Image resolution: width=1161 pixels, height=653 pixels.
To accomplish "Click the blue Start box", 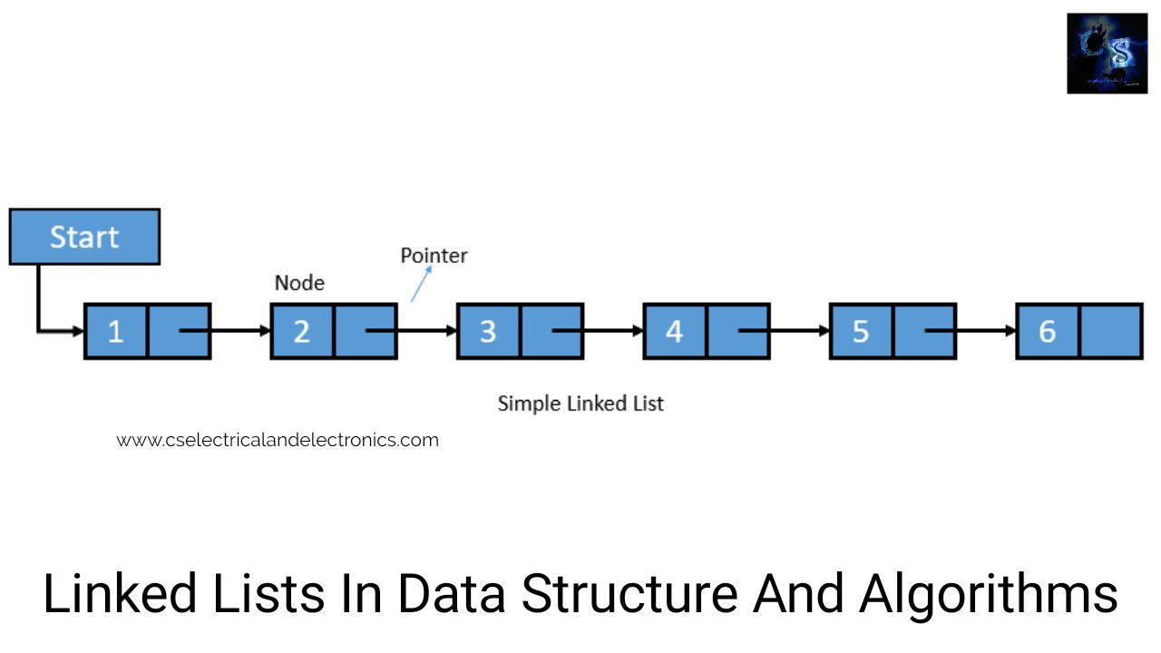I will (x=84, y=237).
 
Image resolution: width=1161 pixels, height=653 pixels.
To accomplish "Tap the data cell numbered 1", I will (x=116, y=331).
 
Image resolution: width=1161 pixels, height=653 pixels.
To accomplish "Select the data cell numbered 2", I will (x=302, y=331).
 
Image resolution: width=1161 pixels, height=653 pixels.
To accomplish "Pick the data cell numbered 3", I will (x=488, y=331).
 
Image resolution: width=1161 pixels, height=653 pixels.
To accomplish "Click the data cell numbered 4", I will (x=675, y=331).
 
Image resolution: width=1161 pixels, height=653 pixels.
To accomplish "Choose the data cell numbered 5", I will (x=861, y=331).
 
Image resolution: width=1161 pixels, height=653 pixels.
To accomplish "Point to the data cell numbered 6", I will (x=1048, y=331).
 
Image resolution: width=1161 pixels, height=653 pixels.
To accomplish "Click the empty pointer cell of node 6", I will (x=1110, y=331).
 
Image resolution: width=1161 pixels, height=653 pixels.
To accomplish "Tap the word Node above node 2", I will (x=299, y=283).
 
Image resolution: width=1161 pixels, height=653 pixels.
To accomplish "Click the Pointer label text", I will (x=434, y=256).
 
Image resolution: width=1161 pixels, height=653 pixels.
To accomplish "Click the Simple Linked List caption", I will (x=580, y=404).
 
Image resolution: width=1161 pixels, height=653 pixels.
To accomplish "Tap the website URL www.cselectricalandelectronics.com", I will (x=278, y=440).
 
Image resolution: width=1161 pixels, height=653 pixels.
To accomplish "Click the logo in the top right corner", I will (x=1107, y=54).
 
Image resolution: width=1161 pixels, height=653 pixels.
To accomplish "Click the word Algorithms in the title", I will (x=989, y=595).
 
